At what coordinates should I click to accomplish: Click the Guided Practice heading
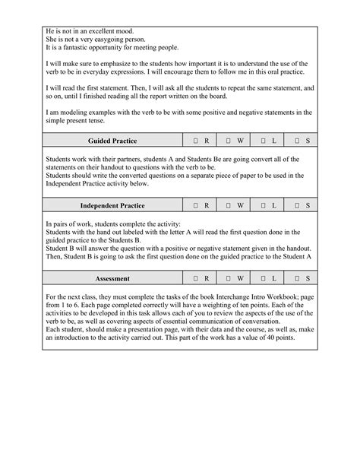click(112, 141)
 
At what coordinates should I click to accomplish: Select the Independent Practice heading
click(112, 205)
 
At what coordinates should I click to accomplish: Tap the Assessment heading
click(112, 278)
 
